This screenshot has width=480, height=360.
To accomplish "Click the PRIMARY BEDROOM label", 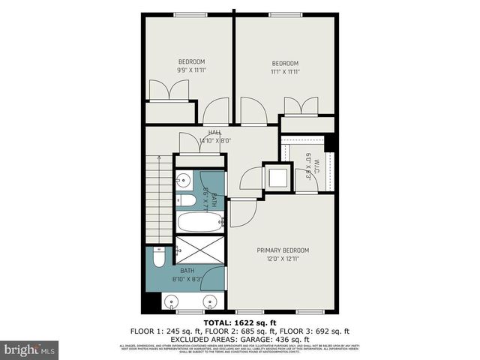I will [282, 250].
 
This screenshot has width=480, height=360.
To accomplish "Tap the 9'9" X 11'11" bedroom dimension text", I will [190, 70].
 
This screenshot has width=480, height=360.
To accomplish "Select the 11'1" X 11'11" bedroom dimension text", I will [284, 71].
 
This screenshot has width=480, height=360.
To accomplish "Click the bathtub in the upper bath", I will [200, 222].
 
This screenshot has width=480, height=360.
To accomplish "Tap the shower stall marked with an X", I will [200, 252].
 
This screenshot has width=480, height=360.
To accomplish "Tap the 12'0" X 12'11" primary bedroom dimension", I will [282, 259].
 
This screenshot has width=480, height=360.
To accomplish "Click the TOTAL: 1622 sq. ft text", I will [240, 322].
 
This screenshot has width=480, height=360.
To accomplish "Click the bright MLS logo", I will [30, 349].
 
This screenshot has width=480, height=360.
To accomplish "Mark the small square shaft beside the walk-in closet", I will [277, 178].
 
